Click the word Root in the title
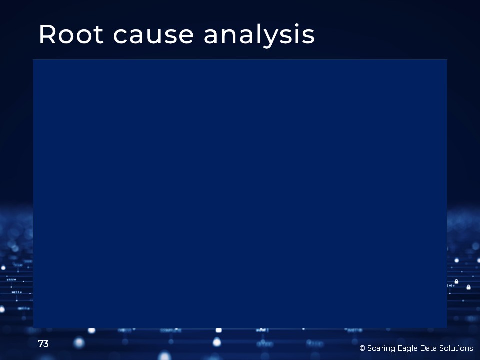(71, 34)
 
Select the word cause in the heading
(153, 36)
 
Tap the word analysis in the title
(259, 35)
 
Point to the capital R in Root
(47, 34)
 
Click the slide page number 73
(43, 344)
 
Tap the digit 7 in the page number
(41, 344)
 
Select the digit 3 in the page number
(46, 344)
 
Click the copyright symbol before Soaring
(362, 348)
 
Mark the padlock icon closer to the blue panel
(456, 281)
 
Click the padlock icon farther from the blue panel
(468, 287)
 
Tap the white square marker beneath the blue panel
(219, 330)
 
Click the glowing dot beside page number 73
(79, 343)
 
